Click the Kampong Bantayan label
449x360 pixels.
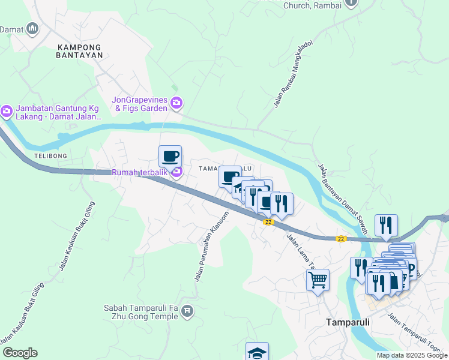[80, 50]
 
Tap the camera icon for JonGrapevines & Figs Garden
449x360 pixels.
[176, 103]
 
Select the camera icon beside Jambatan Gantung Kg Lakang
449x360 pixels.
[7, 111]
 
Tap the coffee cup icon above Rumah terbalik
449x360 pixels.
[170, 157]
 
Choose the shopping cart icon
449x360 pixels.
[318, 278]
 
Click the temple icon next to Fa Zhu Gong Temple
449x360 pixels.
[187, 311]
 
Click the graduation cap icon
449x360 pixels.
[257, 352]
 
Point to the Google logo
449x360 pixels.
[20, 353]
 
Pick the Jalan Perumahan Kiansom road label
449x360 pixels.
[211, 246]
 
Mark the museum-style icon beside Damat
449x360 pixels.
[33, 28]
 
